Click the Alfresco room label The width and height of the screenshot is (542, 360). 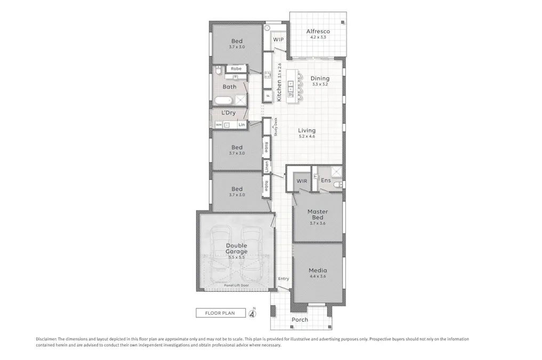318,31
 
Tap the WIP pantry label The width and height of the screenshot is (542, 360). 278,40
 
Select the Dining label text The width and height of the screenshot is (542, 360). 320,78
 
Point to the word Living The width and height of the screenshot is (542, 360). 306,130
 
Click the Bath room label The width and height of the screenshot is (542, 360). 230,86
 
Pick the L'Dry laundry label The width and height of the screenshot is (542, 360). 229,113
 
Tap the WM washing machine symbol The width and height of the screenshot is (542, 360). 219,124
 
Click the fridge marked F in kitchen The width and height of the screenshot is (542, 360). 268,96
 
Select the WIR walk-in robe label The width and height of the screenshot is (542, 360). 302,181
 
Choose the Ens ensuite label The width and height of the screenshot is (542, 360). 326,180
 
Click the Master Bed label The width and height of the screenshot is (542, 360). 318,214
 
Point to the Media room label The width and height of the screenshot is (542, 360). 318,270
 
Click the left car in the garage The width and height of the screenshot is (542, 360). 221,254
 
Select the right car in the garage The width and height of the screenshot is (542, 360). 252,254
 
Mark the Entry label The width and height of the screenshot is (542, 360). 284,278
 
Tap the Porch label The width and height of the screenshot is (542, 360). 300,319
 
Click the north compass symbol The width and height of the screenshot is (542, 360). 253,313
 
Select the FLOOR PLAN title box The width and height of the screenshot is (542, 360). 220,313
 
